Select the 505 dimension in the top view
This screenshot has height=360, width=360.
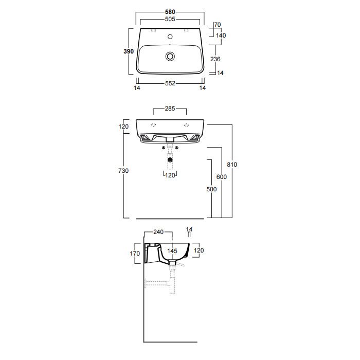(x=170, y=19)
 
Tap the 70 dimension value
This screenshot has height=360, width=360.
(x=217, y=25)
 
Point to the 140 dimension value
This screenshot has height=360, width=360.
(x=221, y=35)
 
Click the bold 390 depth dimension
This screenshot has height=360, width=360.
(x=129, y=51)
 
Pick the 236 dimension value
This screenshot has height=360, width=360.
(x=216, y=59)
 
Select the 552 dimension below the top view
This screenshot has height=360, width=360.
(x=170, y=83)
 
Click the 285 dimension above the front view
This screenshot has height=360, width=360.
(x=170, y=109)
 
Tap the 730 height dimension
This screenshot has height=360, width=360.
(x=124, y=170)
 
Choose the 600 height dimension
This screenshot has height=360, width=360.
(x=221, y=177)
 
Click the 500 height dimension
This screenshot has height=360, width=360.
(x=211, y=189)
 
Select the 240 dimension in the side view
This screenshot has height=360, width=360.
(x=158, y=232)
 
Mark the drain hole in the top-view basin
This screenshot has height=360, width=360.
(x=170, y=56)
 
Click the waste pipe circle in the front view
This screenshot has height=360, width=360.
(x=170, y=160)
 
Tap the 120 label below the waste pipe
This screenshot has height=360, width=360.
(x=171, y=175)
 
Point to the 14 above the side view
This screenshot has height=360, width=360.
(x=189, y=229)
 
